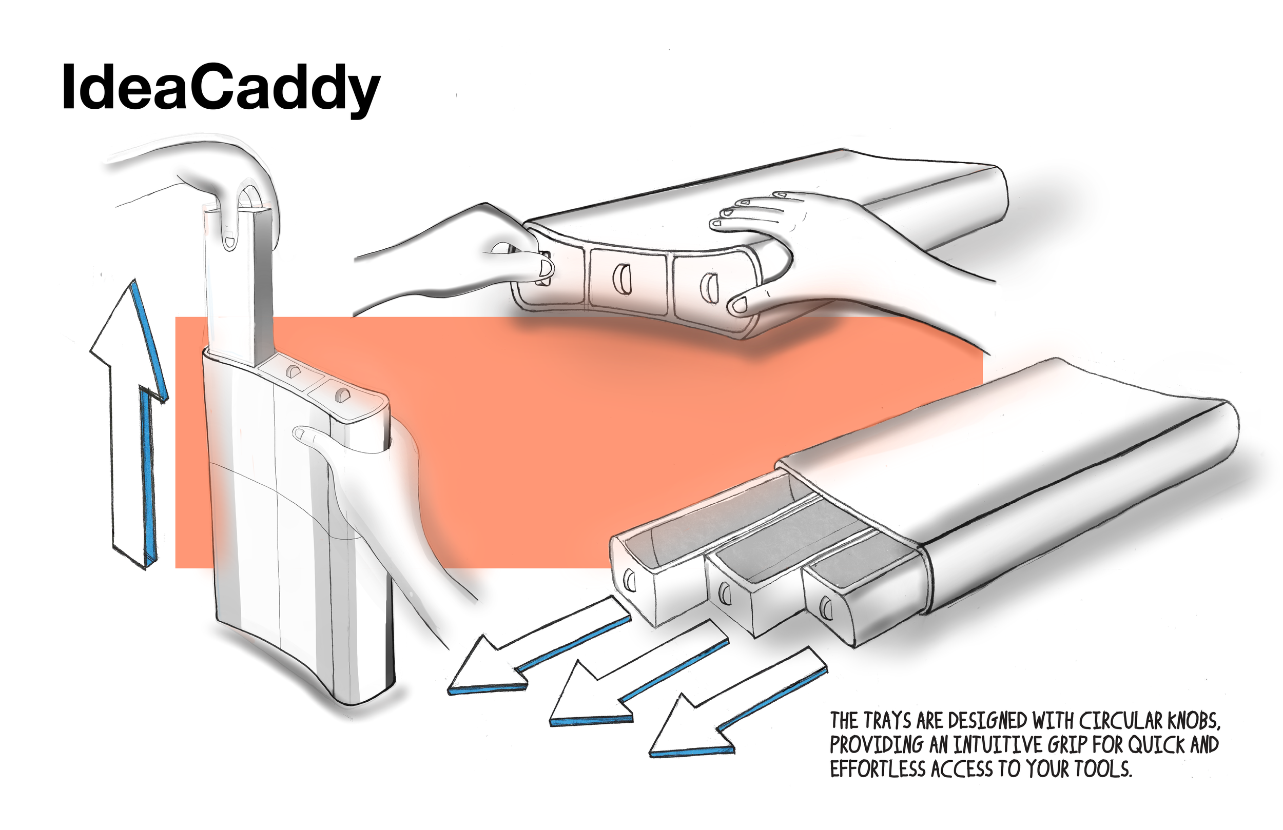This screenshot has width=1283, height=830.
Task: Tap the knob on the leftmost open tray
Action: (x=629, y=581)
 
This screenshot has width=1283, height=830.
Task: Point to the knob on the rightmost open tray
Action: (x=824, y=608)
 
